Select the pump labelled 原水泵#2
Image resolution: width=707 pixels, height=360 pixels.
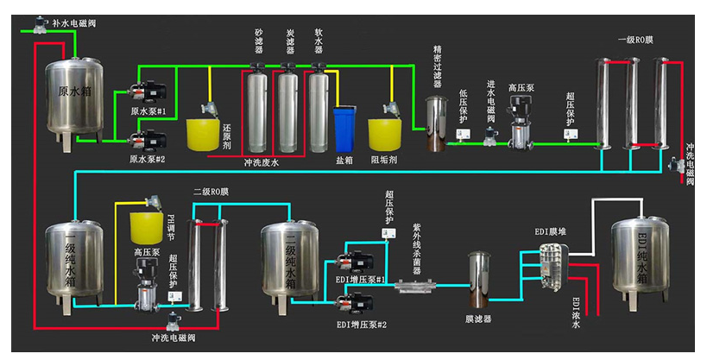(152, 138)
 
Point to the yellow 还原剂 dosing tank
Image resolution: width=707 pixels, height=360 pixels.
(205, 134)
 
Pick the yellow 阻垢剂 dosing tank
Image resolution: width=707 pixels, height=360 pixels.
(385, 134)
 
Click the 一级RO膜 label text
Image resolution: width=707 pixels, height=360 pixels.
(636, 40)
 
